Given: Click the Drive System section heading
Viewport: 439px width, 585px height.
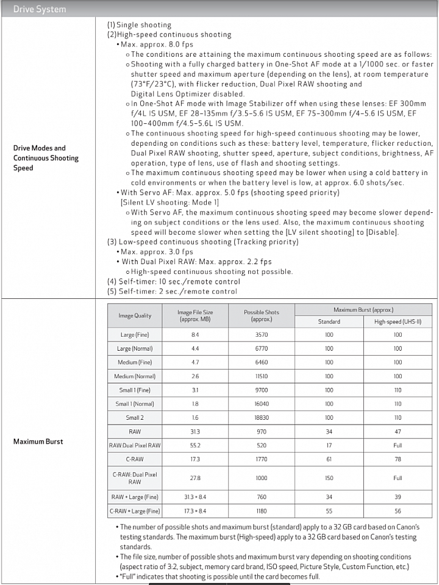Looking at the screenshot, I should coord(40,9).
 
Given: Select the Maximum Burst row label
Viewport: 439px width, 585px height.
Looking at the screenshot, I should coord(38,441).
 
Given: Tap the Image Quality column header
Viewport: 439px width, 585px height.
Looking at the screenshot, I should coord(135,316).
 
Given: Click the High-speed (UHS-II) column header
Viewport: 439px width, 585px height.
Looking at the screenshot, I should coord(398,321).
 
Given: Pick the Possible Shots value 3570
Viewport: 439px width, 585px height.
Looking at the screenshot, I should coord(262,335).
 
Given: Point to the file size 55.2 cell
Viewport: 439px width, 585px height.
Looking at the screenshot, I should coord(195,445).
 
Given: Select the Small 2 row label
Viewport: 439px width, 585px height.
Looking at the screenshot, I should coord(135,418).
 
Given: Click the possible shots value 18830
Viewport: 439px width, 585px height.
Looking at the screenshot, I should coord(262,418).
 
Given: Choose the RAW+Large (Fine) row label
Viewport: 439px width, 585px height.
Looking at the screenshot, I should coord(135,497).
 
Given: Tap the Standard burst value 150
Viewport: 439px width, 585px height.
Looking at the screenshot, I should coord(329,478).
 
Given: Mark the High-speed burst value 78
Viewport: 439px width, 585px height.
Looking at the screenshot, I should coord(398,459).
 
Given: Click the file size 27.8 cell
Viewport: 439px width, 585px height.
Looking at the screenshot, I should coord(195,478).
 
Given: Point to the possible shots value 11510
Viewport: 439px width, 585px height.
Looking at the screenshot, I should coord(262,376).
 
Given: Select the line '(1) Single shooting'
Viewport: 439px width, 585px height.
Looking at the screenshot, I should coord(139,25).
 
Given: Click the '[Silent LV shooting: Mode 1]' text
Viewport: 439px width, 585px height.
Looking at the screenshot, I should coord(169,203).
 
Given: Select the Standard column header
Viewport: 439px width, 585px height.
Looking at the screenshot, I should coord(329,321).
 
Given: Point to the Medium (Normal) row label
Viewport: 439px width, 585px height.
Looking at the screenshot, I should coord(135,376).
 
